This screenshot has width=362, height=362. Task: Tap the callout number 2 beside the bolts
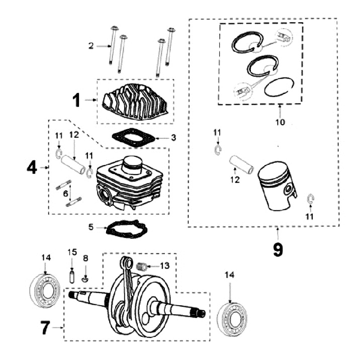91,46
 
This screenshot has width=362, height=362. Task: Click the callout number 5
91,227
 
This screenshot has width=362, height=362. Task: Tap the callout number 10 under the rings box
280,122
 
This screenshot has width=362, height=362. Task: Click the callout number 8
85,258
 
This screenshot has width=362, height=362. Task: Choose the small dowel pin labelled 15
72,276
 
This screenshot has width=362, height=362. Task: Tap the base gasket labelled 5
126,230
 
